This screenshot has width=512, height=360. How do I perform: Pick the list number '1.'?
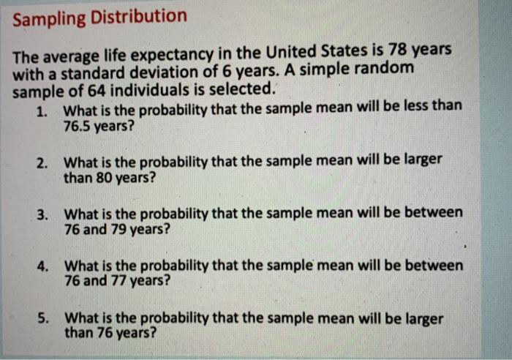[x=43, y=110]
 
